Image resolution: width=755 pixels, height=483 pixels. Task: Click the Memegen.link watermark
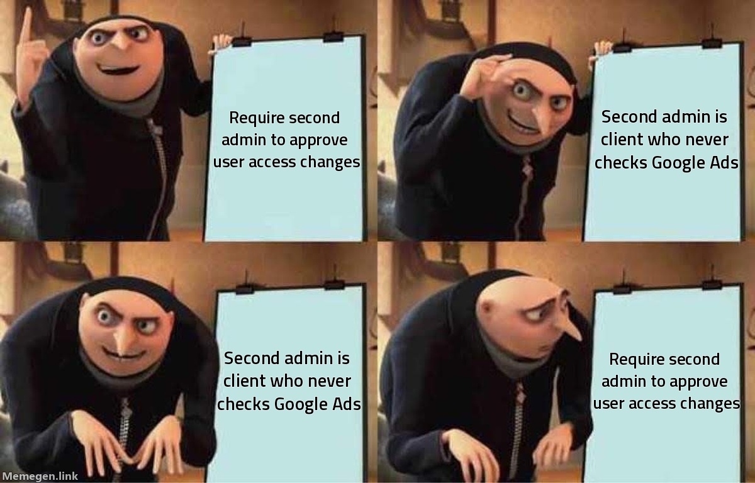pyautogui.click(x=40, y=476)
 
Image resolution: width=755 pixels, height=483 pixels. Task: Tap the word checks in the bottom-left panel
pyautogui.click(x=243, y=404)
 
